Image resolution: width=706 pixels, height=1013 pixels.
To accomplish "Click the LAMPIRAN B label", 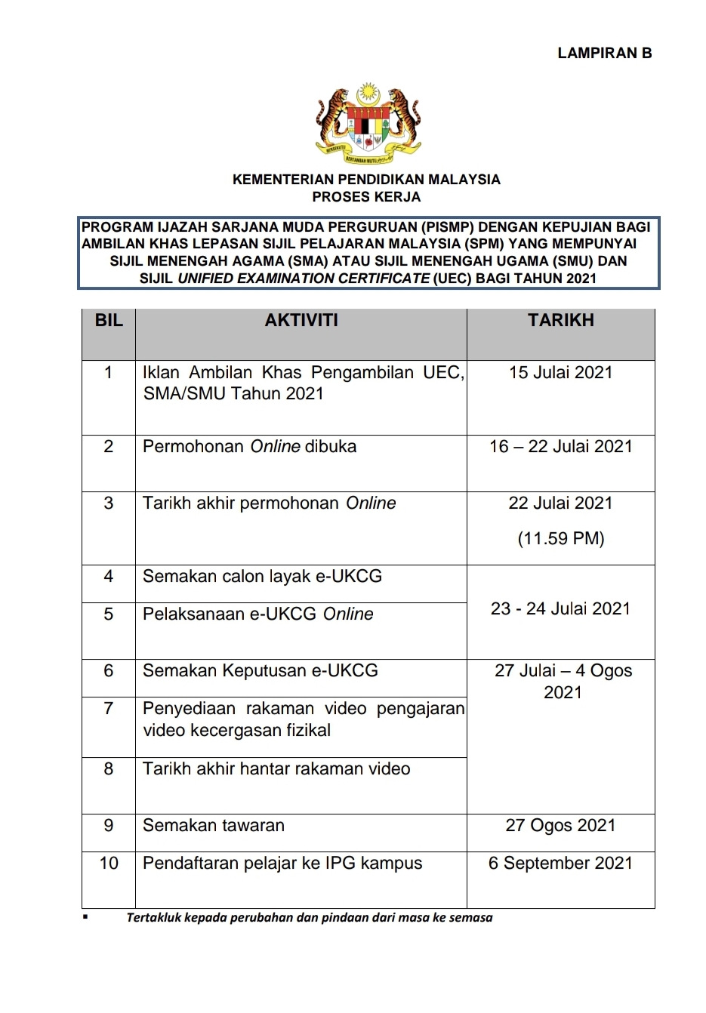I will [x=604, y=53].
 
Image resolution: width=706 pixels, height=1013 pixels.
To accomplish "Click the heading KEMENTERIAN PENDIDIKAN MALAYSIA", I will [x=366, y=180].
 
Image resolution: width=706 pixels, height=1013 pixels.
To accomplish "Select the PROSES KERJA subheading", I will [x=366, y=197].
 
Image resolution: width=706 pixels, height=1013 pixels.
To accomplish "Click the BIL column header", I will [x=109, y=320].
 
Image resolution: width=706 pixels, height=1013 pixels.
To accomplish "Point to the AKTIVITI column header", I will [x=301, y=320].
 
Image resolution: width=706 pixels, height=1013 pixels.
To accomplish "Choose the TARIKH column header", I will [x=560, y=320].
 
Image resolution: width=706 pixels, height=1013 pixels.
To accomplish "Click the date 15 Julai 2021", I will [x=560, y=372].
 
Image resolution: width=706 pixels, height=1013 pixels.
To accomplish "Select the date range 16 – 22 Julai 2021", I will [x=560, y=446].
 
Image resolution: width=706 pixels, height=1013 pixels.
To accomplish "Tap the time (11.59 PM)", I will [x=560, y=538].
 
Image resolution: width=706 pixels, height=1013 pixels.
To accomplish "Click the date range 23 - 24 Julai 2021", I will [x=560, y=608].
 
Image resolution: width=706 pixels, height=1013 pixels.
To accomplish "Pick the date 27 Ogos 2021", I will [x=560, y=825].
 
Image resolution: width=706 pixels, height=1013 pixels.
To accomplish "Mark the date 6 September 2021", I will [x=560, y=863].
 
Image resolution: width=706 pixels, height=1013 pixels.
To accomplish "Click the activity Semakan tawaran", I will [x=214, y=825].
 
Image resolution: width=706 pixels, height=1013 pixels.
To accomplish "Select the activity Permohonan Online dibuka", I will [x=249, y=446].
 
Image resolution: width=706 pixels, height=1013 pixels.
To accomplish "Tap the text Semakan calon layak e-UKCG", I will [x=262, y=576].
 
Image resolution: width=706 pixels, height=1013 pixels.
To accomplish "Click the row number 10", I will [x=109, y=863].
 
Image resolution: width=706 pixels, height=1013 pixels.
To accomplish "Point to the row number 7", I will [x=109, y=708].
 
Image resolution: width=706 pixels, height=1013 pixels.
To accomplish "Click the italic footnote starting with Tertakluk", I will [x=310, y=918].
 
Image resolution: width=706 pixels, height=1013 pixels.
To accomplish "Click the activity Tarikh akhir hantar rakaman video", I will [x=276, y=768].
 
